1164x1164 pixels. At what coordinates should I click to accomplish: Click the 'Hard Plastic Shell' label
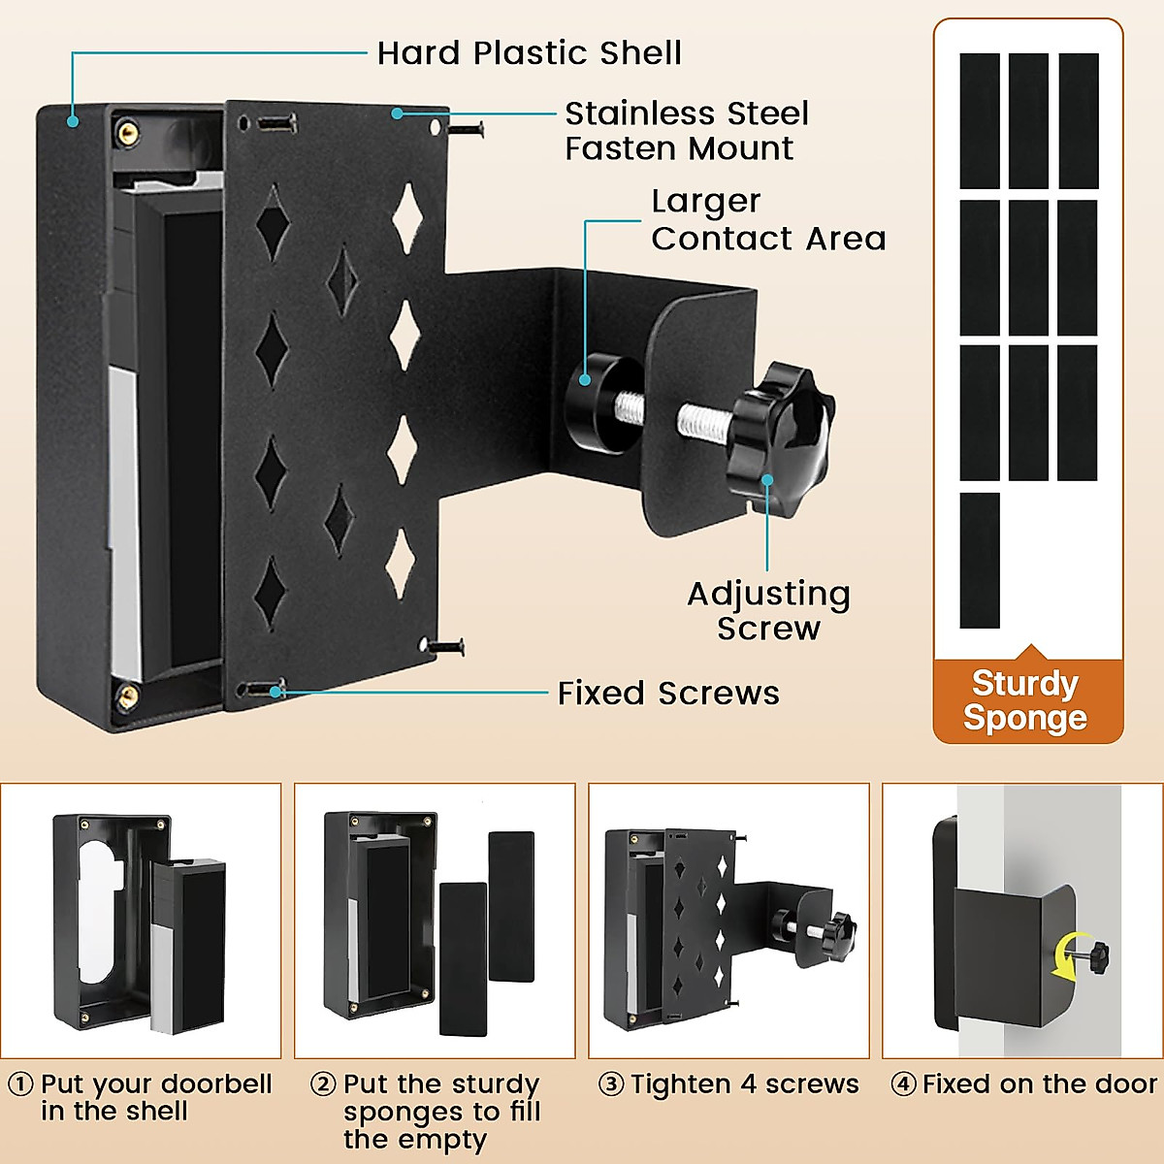[529, 52]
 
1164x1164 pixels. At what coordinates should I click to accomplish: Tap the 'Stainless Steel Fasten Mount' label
[686, 131]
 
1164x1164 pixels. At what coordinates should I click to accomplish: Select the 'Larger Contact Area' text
[767, 220]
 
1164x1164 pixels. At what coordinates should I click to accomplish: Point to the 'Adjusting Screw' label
[768, 610]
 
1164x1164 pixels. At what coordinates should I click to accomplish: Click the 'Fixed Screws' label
[668, 694]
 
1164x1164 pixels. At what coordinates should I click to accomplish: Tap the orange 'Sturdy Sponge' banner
[1026, 700]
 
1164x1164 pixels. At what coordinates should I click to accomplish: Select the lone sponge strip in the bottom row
[980, 561]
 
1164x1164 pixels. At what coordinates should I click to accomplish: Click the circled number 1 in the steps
[20, 1083]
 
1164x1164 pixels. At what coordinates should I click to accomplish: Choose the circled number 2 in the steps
[323, 1083]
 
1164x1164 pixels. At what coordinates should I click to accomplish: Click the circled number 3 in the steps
[611, 1083]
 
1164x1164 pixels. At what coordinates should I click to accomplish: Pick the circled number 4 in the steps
[903, 1083]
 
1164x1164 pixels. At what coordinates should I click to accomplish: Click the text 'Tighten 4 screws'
[745, 1083]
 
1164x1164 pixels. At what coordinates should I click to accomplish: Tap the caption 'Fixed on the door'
[1039, 1083]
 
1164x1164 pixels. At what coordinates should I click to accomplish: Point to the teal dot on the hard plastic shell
[72, 121]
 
